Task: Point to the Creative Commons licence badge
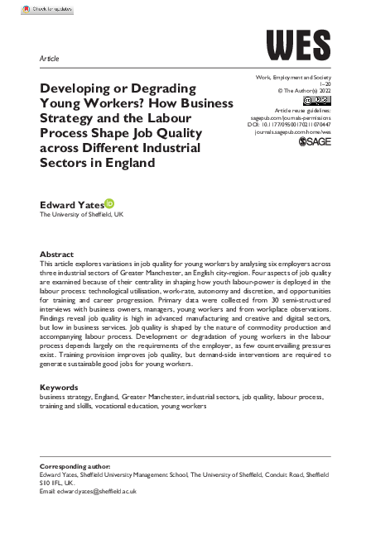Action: tap(316, 100)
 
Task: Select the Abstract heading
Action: tap(59, 255)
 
